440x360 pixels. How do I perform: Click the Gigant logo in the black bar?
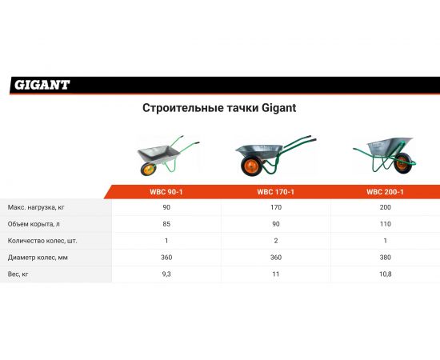pos(42,84)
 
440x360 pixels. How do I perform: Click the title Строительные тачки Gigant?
pos(219,108)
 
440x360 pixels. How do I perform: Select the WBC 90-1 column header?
pos(166,192)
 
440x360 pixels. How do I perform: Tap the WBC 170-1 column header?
pos(275,192)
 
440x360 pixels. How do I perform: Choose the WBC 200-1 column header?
pos(384,192)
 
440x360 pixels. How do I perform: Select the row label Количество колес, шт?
pos(42,240)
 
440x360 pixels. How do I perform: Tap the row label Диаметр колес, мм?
pos(38,257)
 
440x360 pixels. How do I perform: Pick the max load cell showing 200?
pos(384,207)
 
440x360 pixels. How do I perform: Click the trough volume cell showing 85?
pos(166,223)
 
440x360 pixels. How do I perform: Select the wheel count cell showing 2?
pos(275,240)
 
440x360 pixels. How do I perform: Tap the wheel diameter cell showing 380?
pos(384,257)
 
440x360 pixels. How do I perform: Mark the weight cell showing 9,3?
pos(166,274)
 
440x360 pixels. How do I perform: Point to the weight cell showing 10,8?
pos(384,274)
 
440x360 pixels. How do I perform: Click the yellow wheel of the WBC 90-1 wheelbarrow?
pos(148,170)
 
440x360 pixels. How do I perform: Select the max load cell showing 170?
pos(275,207)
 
